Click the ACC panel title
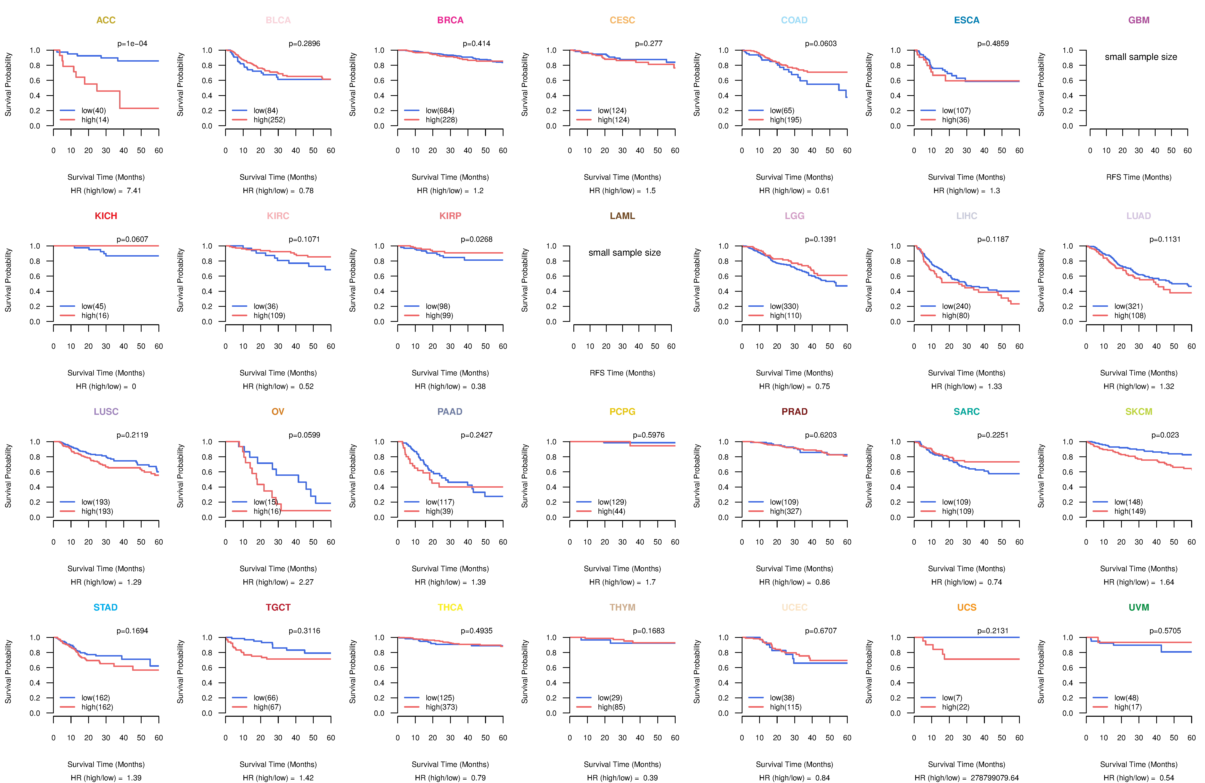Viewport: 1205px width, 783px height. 106,20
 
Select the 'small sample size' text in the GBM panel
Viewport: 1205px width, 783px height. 1141,57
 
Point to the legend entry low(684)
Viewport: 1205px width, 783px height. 439,110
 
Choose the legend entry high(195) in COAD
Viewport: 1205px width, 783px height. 785,120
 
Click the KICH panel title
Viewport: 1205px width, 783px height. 106,216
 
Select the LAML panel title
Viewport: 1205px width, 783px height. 622,216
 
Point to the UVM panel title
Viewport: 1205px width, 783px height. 1139,607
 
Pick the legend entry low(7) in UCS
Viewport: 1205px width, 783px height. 952,698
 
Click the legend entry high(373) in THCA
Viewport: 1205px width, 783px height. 441,707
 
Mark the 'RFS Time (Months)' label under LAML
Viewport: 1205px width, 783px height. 622,373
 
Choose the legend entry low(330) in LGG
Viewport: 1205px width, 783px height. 784,306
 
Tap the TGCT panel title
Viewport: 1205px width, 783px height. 278,607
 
